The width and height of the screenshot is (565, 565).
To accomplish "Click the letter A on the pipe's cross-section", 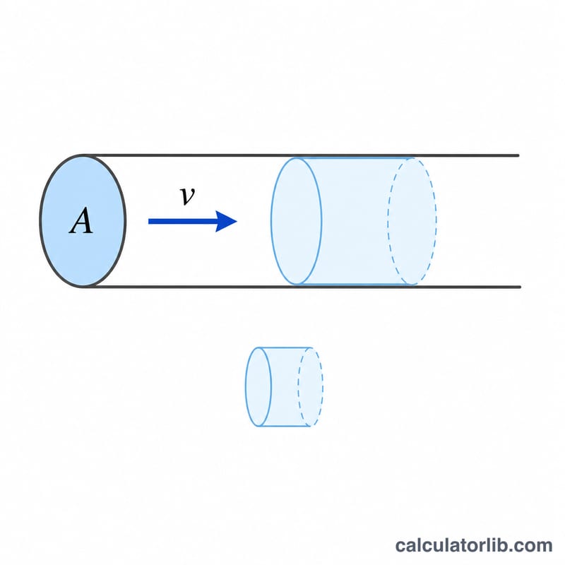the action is pyautogui.click(x=81, y=220).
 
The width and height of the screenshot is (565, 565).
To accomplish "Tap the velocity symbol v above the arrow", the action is pyautogui.click(x=187, y=196).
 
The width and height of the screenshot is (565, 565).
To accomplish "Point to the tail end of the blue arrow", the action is pyautogui.click(x=149, y=221).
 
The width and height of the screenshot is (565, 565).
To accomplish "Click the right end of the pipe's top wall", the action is pyautogui.click(x=518, y=155).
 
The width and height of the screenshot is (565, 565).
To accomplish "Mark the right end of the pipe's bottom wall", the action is pyautogui.click(x=520, y=287).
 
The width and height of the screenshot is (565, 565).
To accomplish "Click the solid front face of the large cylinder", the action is pyautogui.click(x=296, y=221).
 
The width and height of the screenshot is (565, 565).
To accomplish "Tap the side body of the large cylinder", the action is pyautogui.click(x=355, y=221).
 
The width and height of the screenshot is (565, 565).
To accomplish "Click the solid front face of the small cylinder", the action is pyautogui.click(x=258, y=386).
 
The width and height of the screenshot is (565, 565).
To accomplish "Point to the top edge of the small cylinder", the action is pyautogui.click(x=285, y=347).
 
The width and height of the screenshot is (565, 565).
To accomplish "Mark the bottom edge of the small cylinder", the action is pyautogui.click(x=285, y=426).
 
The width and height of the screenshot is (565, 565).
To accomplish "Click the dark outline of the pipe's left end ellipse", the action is pyautogui.click(x=40, y=220).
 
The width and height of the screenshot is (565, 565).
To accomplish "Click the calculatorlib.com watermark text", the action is pyautogui.click(x=474, y=545).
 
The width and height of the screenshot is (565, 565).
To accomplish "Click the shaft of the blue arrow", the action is pyautogui.click(x=183, y=221).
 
